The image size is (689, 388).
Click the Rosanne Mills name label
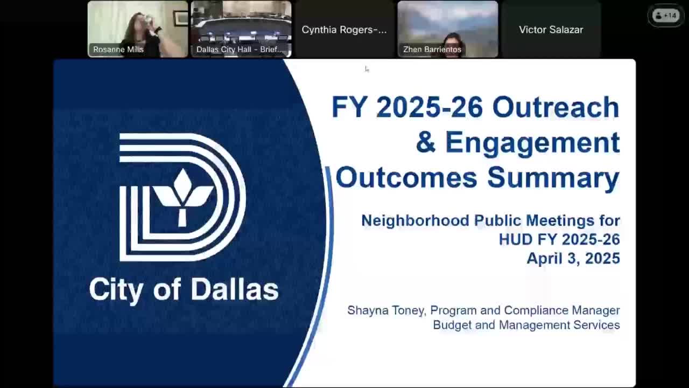(x=118, y=50)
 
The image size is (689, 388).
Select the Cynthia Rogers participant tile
(x=344, y=30)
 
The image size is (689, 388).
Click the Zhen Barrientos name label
(x=432, y=50)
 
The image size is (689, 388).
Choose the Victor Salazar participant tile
(x=551, y=30)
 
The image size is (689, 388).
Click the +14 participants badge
(x=665, y=16)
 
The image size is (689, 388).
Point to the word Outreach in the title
(x=556, y=107)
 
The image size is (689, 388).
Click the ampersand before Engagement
(x=425, y=142)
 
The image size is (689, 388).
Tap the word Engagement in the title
(x=532, y=143)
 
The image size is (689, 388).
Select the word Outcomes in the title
(x=406, y=178)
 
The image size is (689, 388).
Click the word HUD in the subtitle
(x=516, y=239)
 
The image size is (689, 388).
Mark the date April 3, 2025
(x=573, y=258)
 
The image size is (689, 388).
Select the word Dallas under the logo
(x=234, y=289)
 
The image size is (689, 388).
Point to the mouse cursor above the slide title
(x=367, y=69)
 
